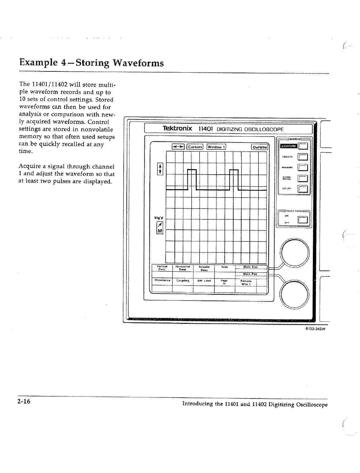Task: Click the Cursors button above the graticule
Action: [195, 147]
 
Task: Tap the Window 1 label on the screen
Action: [216, 147]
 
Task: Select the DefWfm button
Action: [260, 147]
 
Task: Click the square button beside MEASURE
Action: [303, 167]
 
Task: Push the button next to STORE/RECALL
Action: [303, 179]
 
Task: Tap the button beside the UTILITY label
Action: [303, 189]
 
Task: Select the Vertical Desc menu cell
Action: [162, 267]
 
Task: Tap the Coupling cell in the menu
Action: [183, 281]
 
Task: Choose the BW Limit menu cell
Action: [204, 281]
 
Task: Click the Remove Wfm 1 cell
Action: [246, 282]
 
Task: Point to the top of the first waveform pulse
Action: [192, 170]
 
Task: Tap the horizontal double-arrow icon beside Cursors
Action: [178, 147]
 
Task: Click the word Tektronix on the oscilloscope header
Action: [177, 128]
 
